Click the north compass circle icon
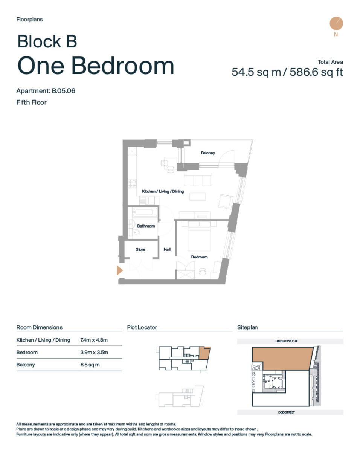pos(336,23)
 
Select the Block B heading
pos(47,41)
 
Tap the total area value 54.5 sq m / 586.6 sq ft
pos(287,72)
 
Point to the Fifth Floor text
pos(31,102)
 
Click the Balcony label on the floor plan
pos(208,153)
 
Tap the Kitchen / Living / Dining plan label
pos(163,191)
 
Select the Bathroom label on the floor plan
pos(146,226)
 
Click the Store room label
pos(140,249)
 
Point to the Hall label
pos(167,249)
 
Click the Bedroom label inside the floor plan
pos(199,257)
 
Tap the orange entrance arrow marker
pos(120,270)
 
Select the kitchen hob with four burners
pos(132,184)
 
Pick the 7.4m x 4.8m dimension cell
pos(94,340)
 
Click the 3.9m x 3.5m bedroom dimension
pos(94,353)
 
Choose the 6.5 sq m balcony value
pos(90,365)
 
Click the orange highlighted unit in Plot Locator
pos(204,353)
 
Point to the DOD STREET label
pos(287,412)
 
